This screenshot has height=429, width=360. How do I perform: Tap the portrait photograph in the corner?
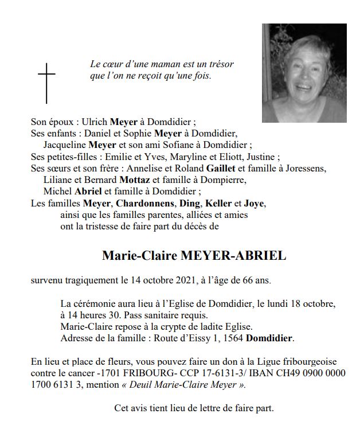[x=304, y=73]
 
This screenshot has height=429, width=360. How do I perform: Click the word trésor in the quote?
[x=220, y=65]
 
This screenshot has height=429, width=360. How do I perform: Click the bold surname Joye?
[x=255, y=203]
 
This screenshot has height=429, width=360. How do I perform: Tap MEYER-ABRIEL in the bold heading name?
[x=233, y=256]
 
